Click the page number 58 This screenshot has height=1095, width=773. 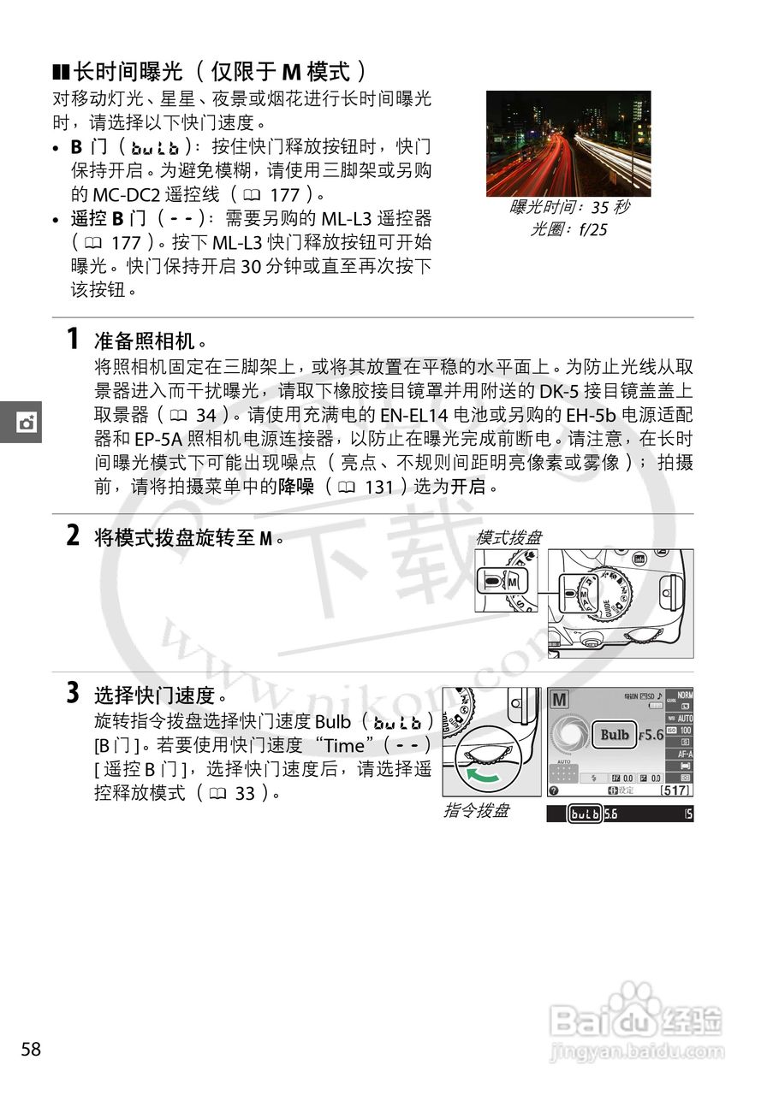coord(31,1050)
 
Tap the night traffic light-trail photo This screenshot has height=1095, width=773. coord(568,144)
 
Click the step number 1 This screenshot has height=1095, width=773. coord(74,339)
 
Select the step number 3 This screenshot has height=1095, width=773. coord(74,693)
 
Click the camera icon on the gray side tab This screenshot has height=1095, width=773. coord(27,422)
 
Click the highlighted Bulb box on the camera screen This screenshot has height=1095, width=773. coord(615,734)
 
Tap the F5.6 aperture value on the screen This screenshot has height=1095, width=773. coord(653,735)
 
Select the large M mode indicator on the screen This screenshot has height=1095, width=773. coord(559,700)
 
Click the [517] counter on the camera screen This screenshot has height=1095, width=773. coord(676,790)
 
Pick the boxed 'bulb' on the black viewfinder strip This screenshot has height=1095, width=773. coord(586,814)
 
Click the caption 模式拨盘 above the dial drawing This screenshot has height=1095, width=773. coord(508,537)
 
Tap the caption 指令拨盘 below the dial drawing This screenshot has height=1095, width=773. coord(476,810)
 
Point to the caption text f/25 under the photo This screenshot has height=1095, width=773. coord(591,229)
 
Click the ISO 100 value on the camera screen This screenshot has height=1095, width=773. coord(685,731)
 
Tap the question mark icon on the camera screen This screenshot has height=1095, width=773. coord(554,790)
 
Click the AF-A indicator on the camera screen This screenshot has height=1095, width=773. coord(685,755)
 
